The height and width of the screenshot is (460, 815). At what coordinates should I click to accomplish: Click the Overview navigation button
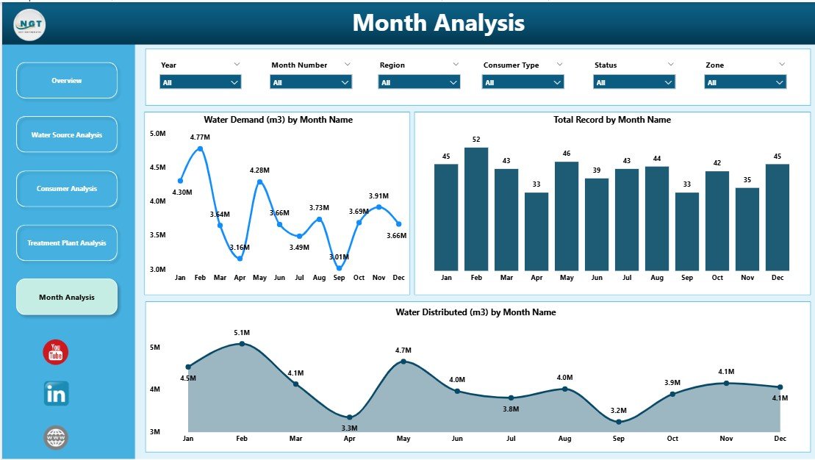coord(67,81)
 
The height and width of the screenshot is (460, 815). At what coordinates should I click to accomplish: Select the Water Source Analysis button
coord(67,135)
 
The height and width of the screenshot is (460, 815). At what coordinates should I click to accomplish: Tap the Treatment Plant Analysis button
coord(67,243)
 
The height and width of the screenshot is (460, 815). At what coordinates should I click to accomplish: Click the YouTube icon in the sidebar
coord(56,352)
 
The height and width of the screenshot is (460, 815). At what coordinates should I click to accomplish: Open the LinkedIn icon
coord(56,394)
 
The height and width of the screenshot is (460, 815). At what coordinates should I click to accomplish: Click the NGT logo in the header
coord(29,26)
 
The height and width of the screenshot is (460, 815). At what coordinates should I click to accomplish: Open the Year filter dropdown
coord(201,83)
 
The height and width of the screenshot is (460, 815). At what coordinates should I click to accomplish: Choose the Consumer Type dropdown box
coord(523,83)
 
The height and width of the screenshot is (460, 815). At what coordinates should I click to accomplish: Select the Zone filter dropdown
coord(745,83)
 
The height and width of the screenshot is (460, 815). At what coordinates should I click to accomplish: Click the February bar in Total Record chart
coord(476,209)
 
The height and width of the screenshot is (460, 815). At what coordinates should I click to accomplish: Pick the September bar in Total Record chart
coord(687,231)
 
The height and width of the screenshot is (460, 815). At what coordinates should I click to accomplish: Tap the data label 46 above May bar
coord(567,153)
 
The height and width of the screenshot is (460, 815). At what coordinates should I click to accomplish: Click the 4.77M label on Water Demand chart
coord(200,137)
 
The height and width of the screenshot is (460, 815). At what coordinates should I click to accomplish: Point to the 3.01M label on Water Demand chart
coord(337,257)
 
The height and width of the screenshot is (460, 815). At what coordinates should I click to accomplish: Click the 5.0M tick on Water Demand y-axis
coord(157,134)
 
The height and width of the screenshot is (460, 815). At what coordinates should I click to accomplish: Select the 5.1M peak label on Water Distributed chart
coord(242,332)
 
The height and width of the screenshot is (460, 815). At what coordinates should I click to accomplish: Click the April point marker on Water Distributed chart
coord(350,417)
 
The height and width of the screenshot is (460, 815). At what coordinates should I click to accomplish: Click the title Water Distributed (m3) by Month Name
coord(475,312)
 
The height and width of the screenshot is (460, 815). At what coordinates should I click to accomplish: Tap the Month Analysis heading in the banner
coord(439,23)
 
